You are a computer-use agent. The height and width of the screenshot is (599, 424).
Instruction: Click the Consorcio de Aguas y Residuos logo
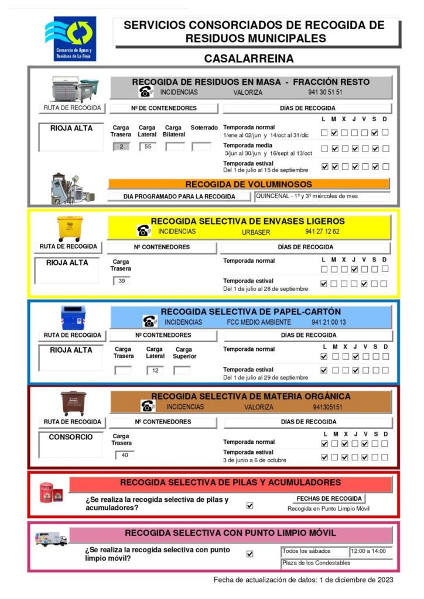pyautogui.click(x=71, y=38)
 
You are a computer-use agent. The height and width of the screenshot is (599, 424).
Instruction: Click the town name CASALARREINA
pyautogui.click(x=249, y=59)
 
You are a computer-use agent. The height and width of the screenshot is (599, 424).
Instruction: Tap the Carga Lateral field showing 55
pyautogui.click(x=148, y=146)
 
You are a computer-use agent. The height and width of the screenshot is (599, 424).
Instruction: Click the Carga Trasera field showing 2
pyautogui.click(x=121, y=146)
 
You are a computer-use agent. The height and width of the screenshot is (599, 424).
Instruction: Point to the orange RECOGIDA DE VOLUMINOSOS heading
pyautogui.click(x=248, y=184)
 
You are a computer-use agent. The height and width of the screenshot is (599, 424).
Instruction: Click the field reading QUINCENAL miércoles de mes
pyautogui.click(x=322, y=197)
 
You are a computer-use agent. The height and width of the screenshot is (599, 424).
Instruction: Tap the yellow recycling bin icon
pyautogui.click(x=69, y=228)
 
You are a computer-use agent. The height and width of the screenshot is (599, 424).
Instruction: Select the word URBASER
pyautogui.click(x=257, y=232)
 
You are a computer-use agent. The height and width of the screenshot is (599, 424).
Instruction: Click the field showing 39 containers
pyautogui.click(x=121, y=281)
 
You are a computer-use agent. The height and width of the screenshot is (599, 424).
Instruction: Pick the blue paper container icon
pyautogui.click(x=73, y=317)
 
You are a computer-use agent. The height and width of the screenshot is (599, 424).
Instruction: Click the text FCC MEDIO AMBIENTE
pyautogui.click(x=258, y=322)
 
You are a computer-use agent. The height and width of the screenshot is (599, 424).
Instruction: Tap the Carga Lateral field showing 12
pyautogui.click(x=155, y=370)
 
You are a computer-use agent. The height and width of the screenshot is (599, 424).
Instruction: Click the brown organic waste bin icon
pyautogui.click(x=73, y=403)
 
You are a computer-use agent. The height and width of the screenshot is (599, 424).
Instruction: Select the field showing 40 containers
pyautogui.click(x=124, y=455)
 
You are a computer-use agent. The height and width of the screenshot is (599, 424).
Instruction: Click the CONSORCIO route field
pyautogui.click(x=71, y=445)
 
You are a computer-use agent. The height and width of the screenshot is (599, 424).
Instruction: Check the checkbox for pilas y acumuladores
pyautogui.click(x=250, y=505)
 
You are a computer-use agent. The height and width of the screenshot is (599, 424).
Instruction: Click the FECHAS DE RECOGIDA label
pyautogui.click(x=329, y=498)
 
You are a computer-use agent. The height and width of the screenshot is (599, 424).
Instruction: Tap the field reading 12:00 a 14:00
pyautogui.click(x=371, y=552)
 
